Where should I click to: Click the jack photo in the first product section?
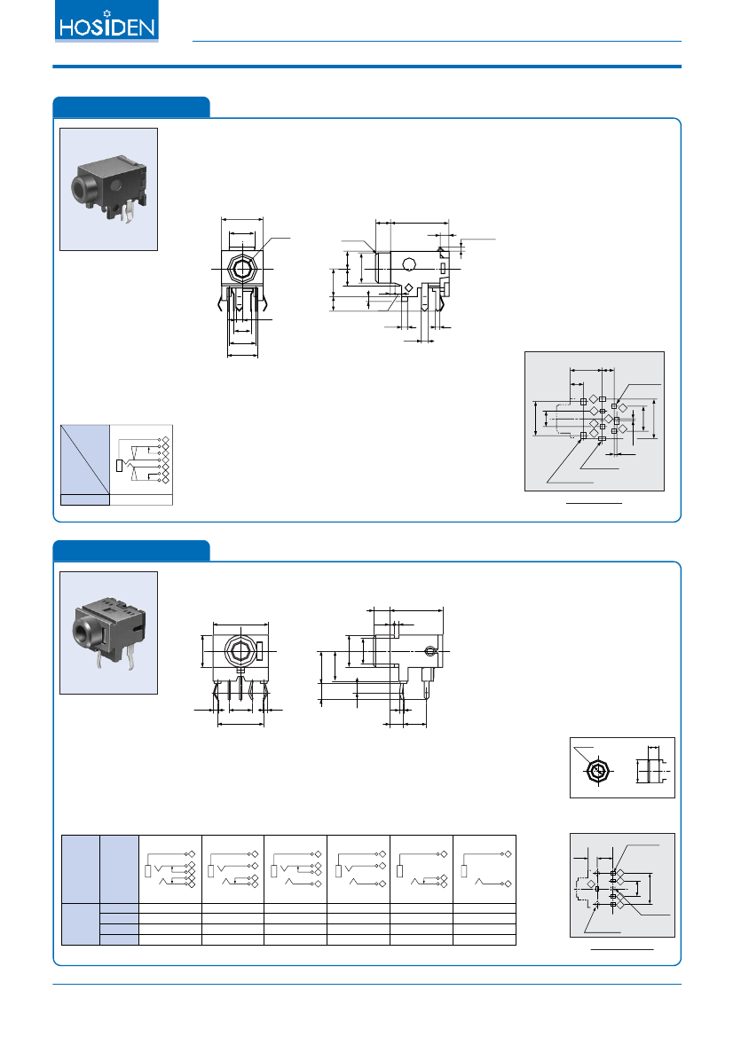pos(108,189)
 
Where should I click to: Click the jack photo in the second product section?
pos(108,632)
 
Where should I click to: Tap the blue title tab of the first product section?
pos(131,106)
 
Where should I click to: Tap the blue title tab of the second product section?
pos(131,550)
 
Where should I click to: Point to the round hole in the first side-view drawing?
pos(409,263)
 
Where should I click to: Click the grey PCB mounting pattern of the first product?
pos(594,420)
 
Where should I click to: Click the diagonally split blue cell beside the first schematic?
pos(84,456)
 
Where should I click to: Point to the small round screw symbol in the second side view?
pos(430,653)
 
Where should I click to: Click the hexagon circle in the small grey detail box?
pos(597,771)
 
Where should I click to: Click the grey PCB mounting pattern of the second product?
pos(621,884)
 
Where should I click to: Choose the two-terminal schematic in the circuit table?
pos(485,868)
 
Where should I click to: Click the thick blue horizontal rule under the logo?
pos(366,67)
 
